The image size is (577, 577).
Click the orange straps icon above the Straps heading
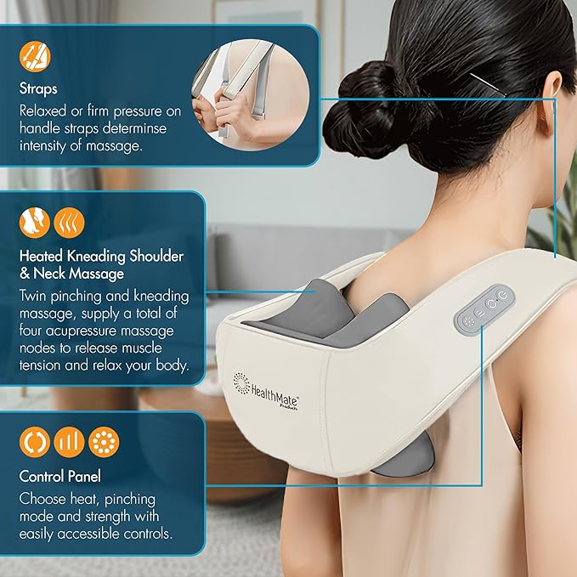36,56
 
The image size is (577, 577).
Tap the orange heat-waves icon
69,223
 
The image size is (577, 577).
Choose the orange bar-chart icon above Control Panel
70,442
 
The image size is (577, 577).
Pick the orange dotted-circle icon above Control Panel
104,442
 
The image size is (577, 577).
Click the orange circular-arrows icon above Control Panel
36,442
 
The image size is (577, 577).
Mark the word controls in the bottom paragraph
144,533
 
